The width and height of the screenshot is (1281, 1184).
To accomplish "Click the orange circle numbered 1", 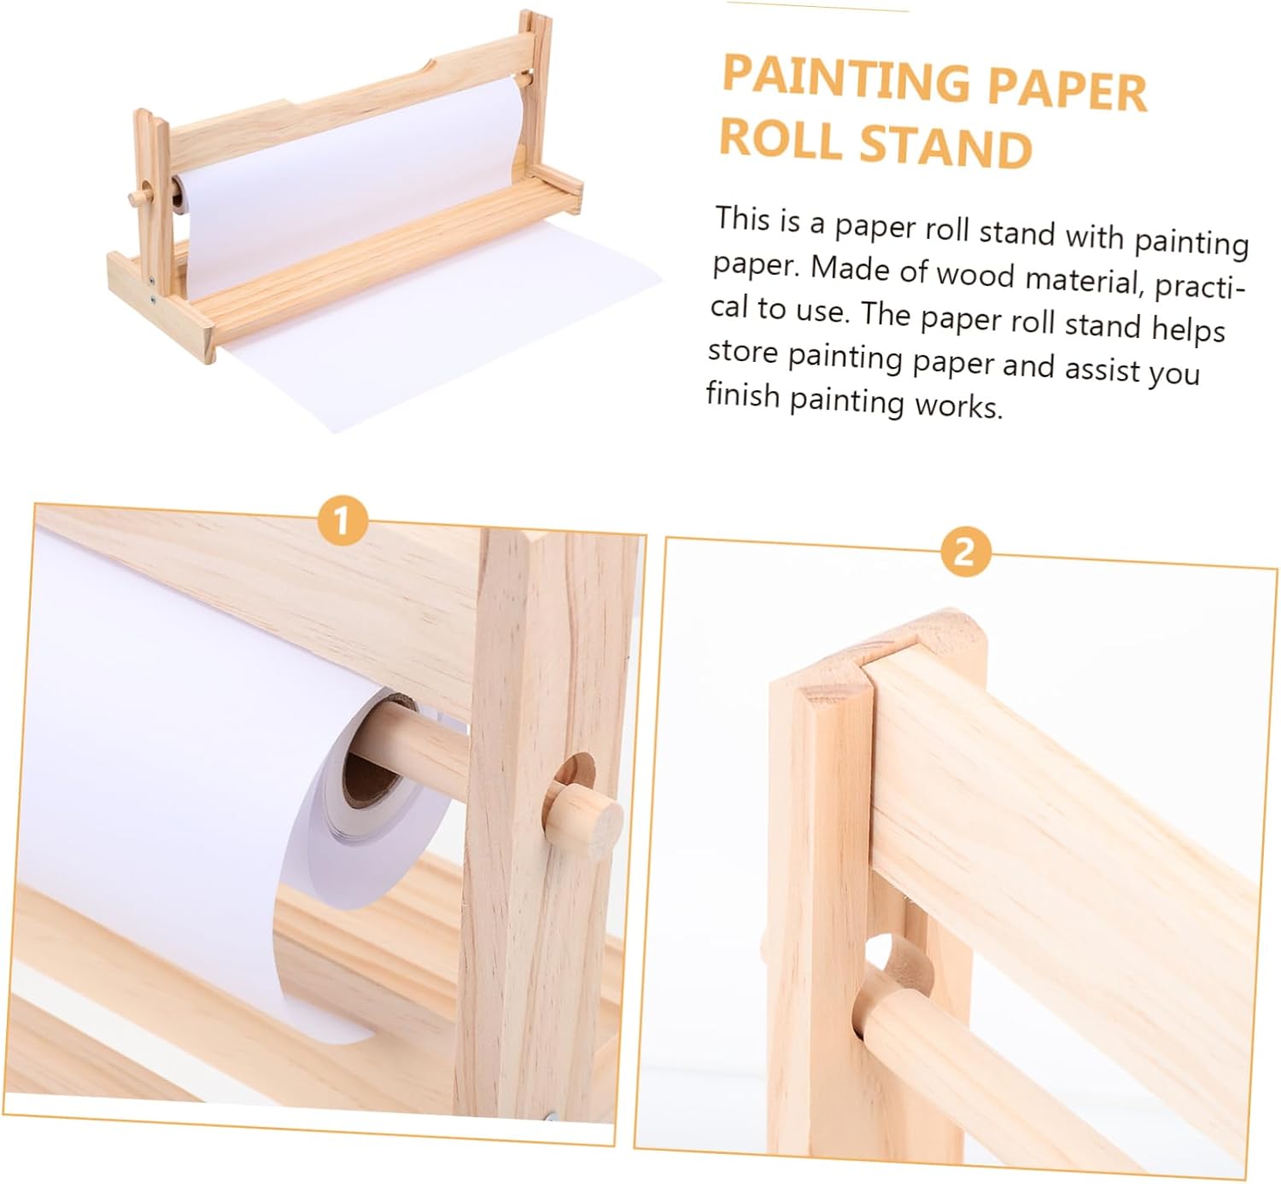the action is pyautogui.click(x=342, y=520).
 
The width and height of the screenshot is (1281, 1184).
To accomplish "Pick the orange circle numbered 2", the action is pyautogui.click(x=965, y=552).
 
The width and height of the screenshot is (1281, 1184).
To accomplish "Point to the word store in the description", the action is pyautogui.click(x=743, y=351).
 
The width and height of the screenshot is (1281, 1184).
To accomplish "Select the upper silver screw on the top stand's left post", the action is pyautogui.click(x=151, y=280).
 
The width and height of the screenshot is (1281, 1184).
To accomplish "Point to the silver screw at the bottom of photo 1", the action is pyautogui.click(x=552, y=1116).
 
